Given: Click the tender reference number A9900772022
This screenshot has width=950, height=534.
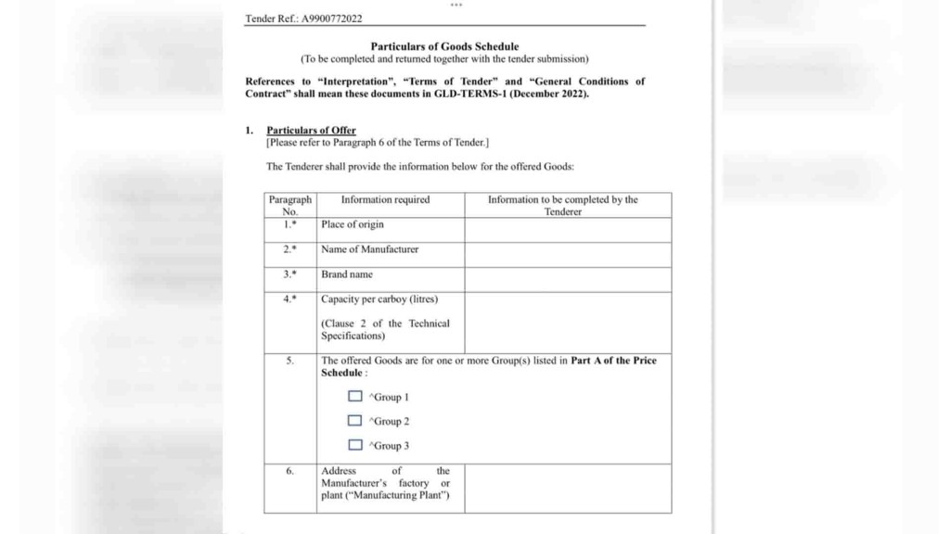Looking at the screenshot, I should (x=331, y=18).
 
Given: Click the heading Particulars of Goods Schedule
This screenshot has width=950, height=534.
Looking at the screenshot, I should (x=444, y=46).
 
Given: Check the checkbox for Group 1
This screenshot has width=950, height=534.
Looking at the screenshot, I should (x=355, y=397).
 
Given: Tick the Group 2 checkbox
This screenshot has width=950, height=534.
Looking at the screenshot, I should (x=355, y=421).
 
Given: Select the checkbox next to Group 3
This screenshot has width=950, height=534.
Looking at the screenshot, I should (x=355, y=445).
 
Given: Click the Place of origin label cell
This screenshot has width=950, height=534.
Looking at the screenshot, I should (x=353, y=224).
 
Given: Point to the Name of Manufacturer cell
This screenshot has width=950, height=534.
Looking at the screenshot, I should (x=369, y=249).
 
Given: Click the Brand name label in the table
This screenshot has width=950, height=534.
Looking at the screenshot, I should (x=347, y=274).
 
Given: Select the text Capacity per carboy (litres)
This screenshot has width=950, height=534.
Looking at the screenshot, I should (x=379, y=299).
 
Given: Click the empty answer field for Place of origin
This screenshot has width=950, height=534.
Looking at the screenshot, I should (x=568, y=230).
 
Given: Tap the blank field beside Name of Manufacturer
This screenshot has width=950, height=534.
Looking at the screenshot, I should (x=568, y=255).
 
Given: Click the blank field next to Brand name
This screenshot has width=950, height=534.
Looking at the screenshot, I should (x=568, y=280).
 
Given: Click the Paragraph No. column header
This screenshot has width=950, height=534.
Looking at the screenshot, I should (x=289, y=205).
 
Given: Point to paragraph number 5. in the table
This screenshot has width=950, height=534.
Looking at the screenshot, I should (x=289, y=361).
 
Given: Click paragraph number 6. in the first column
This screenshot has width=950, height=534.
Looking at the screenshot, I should (x=289, y=471).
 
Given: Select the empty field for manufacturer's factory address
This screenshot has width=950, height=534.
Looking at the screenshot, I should (x=568, y=488).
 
